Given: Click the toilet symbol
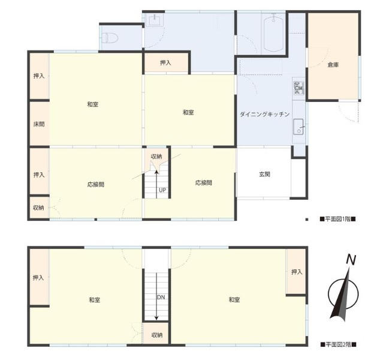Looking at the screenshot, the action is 110,38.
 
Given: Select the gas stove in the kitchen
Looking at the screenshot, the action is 298,88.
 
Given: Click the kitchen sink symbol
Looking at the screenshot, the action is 298,127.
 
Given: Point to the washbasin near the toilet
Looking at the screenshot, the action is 154,20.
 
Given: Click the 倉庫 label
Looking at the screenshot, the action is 333,65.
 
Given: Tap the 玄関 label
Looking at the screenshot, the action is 264,174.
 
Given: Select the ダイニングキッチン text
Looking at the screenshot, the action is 264,114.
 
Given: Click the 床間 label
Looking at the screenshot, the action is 39,124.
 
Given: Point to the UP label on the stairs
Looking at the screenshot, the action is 162,190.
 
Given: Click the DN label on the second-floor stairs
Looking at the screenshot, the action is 161,297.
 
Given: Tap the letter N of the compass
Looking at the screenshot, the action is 351,260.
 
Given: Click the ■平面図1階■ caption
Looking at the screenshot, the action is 337,219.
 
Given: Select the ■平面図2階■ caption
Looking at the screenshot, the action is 338,344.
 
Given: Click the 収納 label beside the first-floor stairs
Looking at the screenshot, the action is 156,156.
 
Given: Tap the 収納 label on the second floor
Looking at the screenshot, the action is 157,335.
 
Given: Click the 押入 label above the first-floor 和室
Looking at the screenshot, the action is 165,63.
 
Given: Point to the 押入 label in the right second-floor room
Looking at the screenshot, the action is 297,272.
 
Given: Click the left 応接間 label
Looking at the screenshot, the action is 96,184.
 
